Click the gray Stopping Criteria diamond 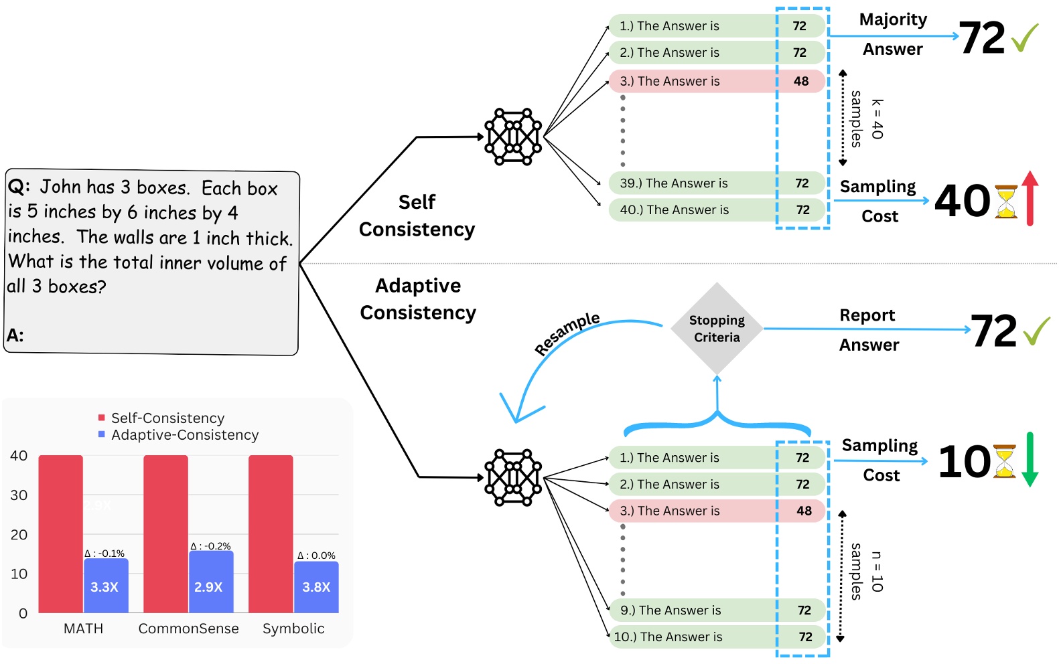click(x=717, y=329)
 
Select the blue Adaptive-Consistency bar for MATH click(x=106, y=586)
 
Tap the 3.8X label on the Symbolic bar click(x=316, y=587)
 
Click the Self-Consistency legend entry click(x=167, y=418)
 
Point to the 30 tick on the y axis click(x=19, y=495)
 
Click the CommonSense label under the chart click(x=188, y=629)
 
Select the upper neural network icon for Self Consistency click(x=513, y=137)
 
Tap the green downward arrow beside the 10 click(x=1030, y=459)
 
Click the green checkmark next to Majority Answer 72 click(x=1025, y=37)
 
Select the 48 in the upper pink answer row click(x=801, y=81)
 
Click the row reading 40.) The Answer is click(x=674, y=210)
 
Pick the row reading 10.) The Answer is click(x=668, y=637)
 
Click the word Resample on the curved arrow click(x=567, y=333)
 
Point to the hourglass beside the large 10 click(x=1004, y=461)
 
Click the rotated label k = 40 click(x=877, y=119)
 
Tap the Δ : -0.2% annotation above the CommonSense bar click(x=210, y=546)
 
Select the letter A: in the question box click(x=15, y=335)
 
